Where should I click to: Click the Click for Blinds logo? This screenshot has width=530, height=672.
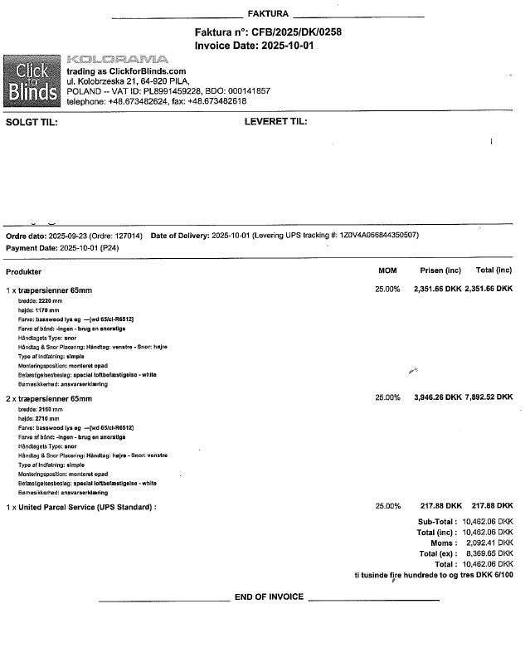point(32,80)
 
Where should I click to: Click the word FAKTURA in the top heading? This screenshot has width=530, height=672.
point(268,14)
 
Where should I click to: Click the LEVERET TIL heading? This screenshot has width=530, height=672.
point(275,122)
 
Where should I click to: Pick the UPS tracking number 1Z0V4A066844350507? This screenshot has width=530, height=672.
point(377,236)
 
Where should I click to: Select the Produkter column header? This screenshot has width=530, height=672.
point(24,271)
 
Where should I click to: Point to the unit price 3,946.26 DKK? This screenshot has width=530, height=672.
point(437,397)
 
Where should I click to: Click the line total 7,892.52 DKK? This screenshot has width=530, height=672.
point(489,397)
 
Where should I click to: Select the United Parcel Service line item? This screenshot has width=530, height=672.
point(81,506)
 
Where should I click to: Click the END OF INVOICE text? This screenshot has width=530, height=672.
point(269,597)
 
